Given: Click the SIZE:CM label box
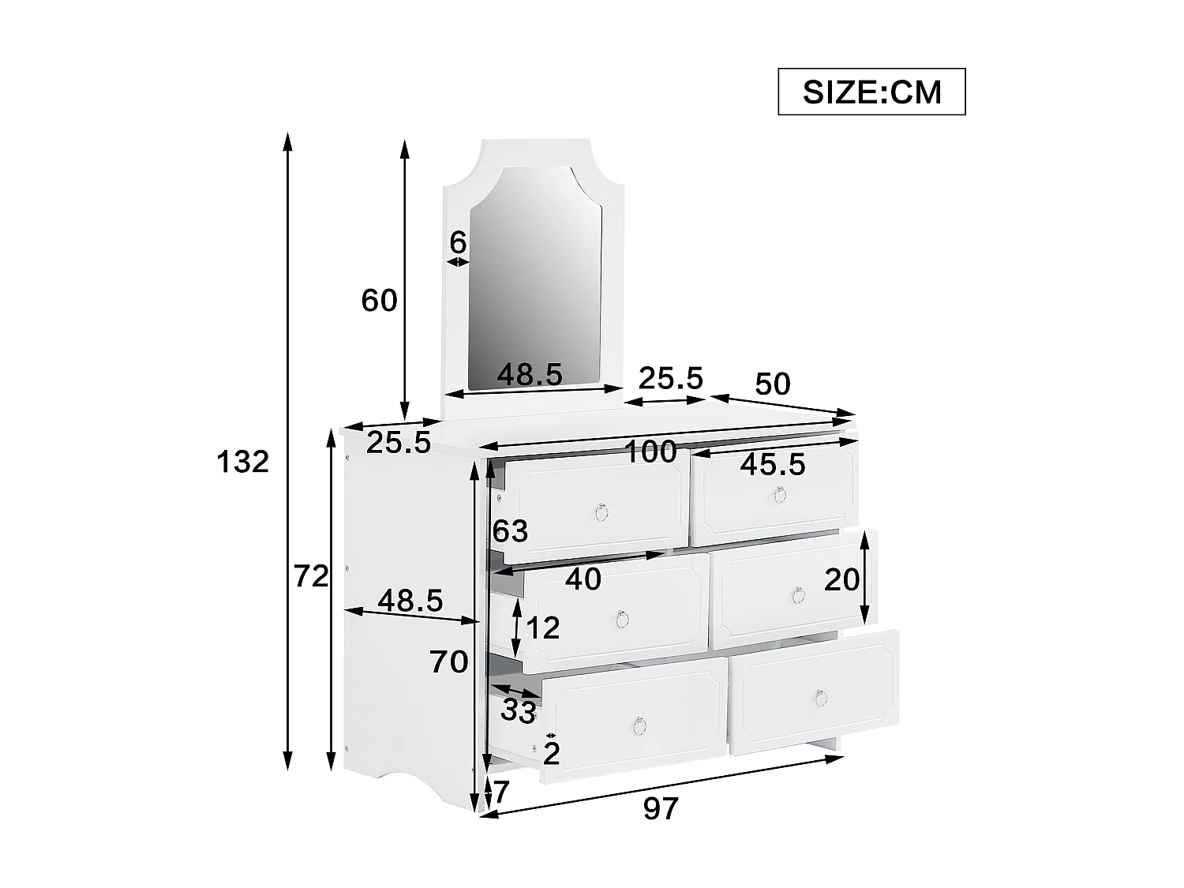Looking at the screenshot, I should (871, 92).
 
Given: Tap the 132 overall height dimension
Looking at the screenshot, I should (243, 462).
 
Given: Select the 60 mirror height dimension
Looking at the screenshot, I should (379, 301).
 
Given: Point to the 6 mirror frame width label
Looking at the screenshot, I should (458, 243).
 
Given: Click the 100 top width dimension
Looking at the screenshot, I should (650, 452).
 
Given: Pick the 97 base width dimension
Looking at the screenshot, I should (661, 808).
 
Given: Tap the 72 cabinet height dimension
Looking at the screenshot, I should (311, 578).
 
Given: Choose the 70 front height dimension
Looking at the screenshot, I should (449, 661).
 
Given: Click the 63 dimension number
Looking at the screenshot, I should (510, 531).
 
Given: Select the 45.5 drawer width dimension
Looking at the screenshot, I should (773, 465).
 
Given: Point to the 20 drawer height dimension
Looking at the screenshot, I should (841, 580).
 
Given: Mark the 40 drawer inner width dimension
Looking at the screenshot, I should (583, 579).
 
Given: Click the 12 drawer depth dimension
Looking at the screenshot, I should (542, 628).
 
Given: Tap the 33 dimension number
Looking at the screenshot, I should (519, 712).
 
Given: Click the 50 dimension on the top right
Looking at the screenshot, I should (772, 384).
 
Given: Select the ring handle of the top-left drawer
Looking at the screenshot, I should (601, 513).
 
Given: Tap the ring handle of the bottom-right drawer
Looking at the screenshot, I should (820, 698).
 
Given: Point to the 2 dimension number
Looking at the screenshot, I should (552, 755).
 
